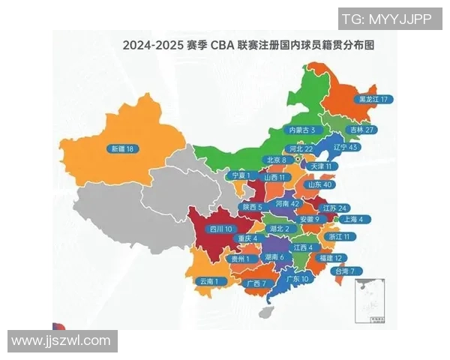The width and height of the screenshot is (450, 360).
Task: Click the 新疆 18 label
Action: (121, 148)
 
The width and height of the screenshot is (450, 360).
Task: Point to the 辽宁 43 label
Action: (345, 148)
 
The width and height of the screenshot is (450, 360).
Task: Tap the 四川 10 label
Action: (221, 228)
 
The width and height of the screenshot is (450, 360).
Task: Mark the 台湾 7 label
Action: (349, 271)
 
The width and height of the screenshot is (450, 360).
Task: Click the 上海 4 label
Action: (352, 220)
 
